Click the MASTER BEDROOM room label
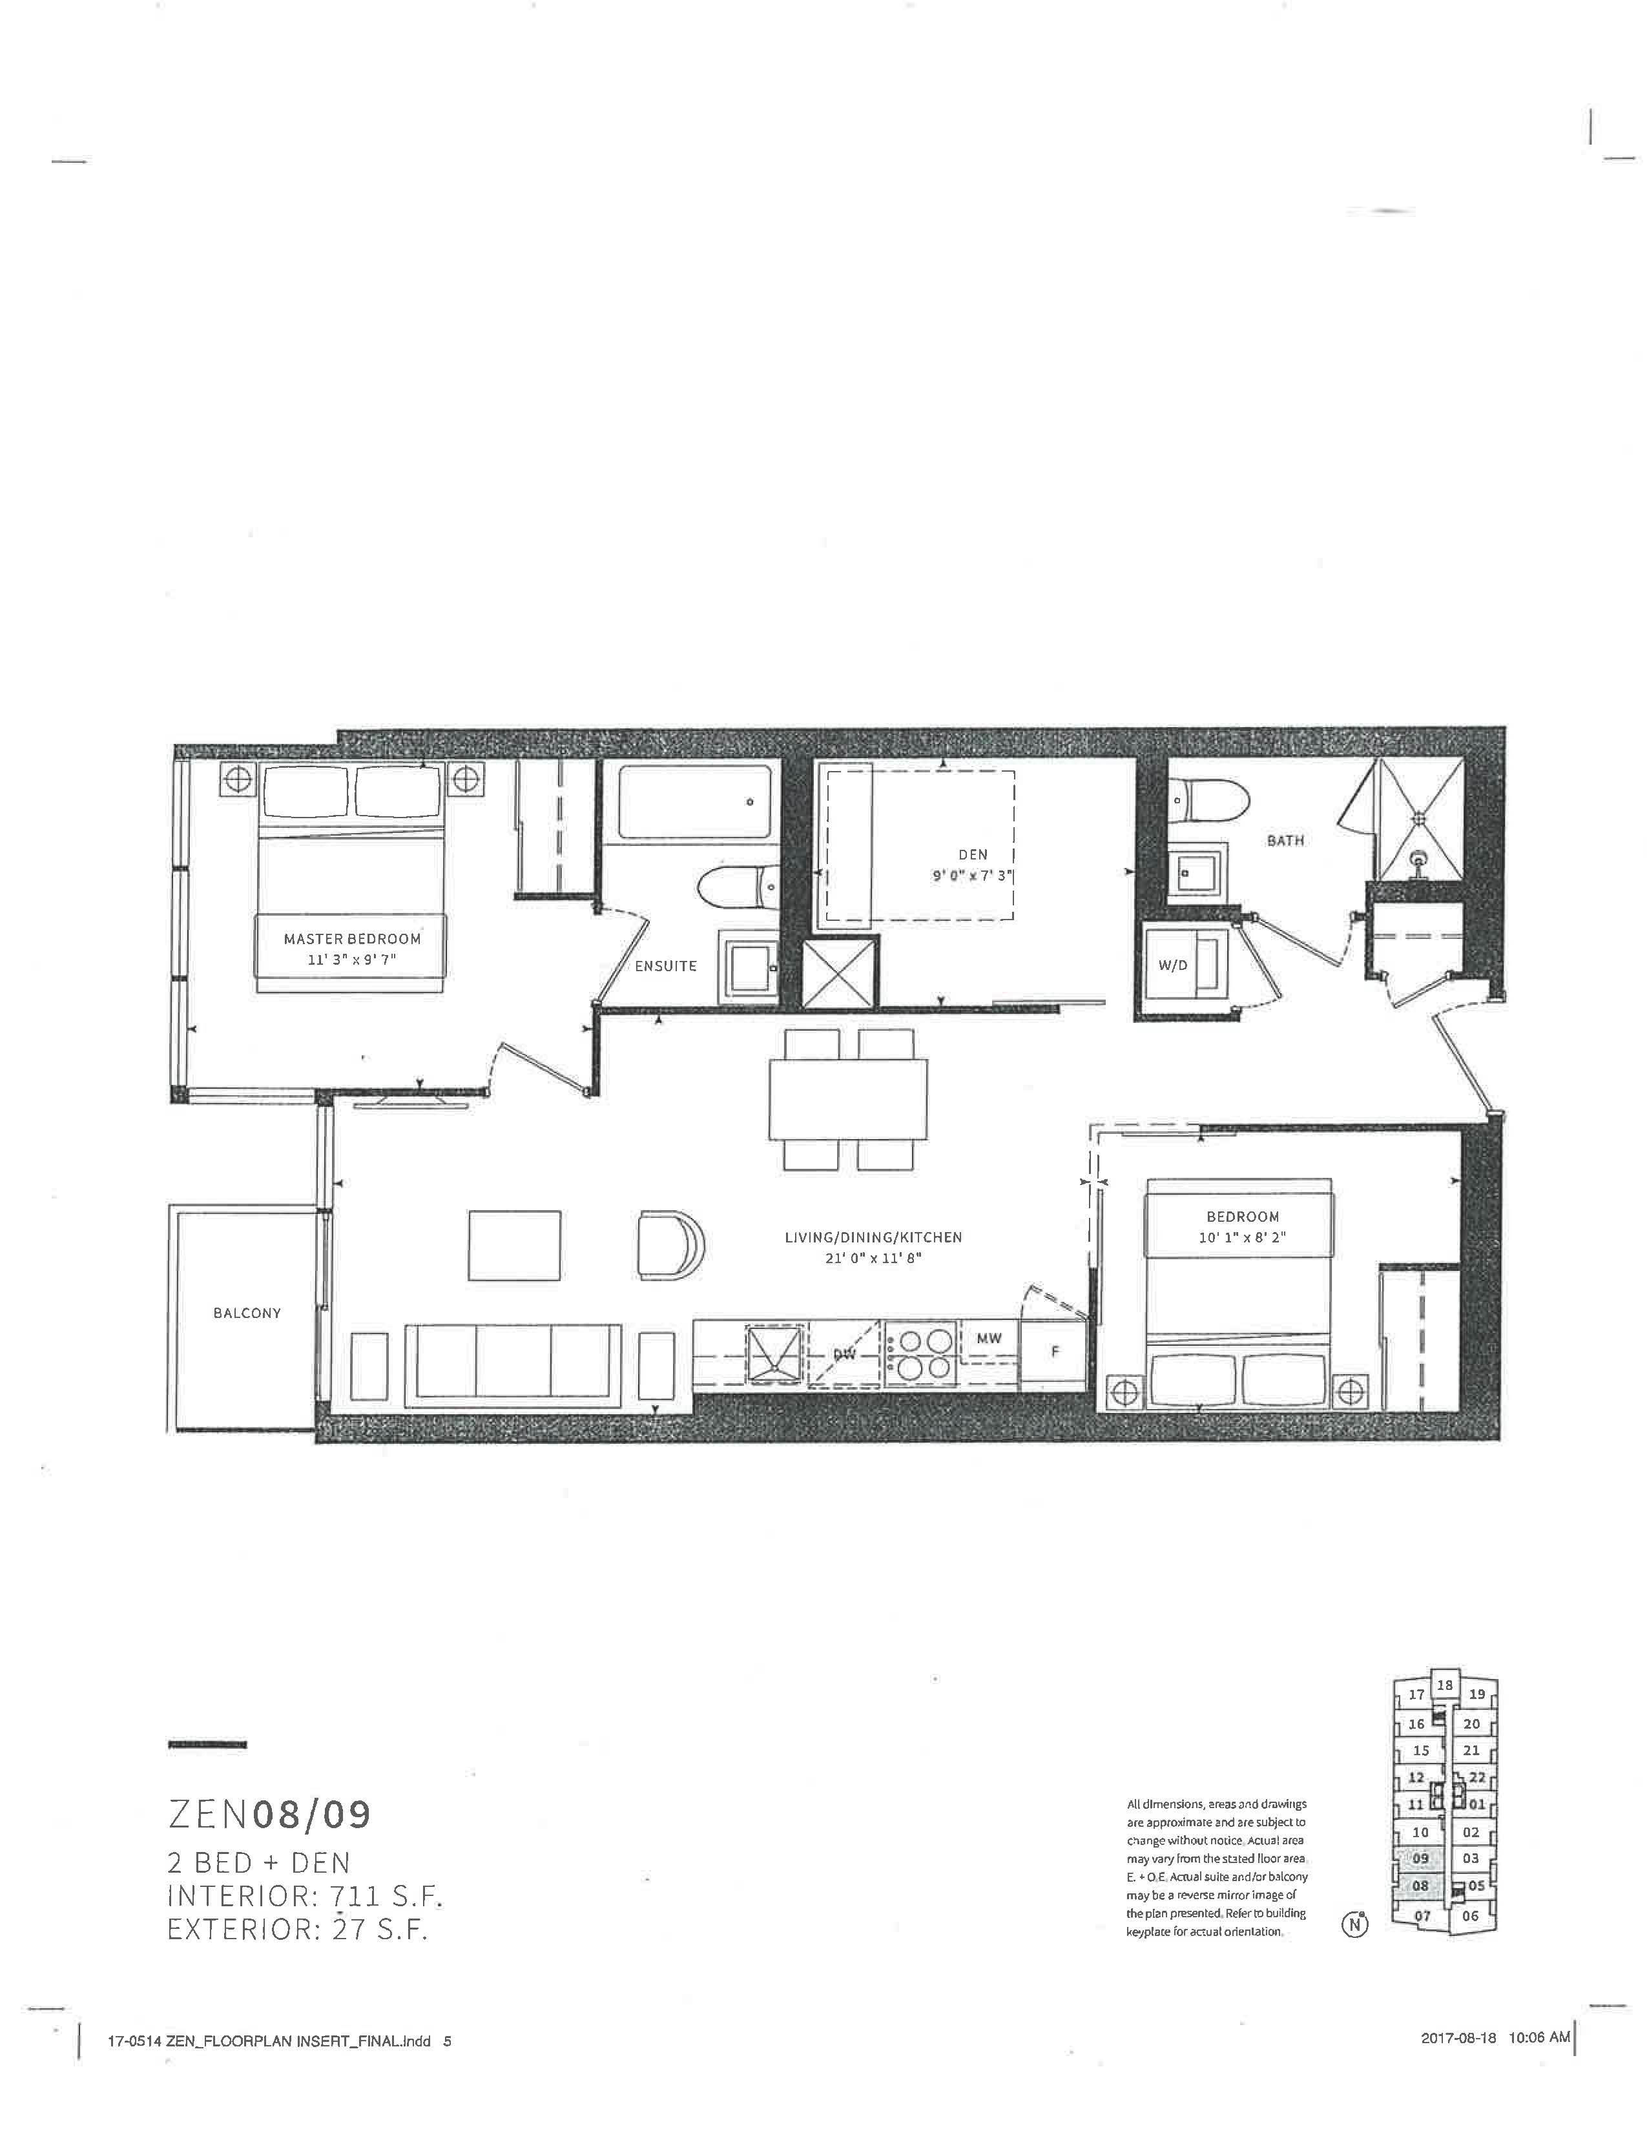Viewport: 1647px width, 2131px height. click(x=352, y=939)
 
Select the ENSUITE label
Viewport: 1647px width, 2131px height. click(x=665, y=966)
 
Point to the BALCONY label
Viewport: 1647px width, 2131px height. click(x=247, y=1313)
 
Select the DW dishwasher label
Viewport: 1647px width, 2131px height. click(x=844, y=1354)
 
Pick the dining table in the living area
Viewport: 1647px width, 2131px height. click(x=848, y=1098)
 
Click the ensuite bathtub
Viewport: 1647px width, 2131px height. click(x=695, y=802)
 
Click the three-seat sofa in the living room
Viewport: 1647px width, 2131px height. click(x=513, y=1363)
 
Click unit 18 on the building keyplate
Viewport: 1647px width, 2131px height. click(x=1445, y=1685)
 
